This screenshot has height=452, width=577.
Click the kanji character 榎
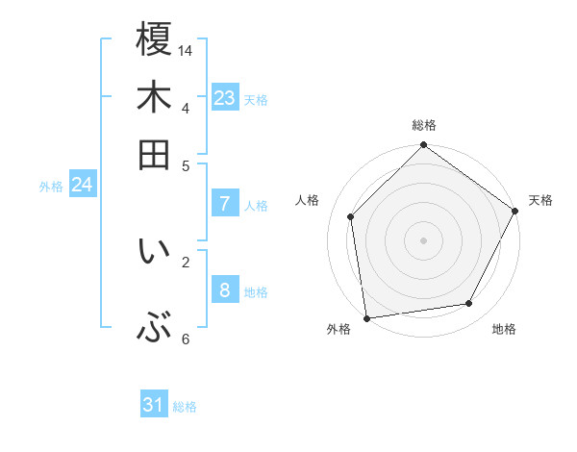pyautogui.click(x=154, y=39)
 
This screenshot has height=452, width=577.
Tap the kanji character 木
pyautogui.click(x=154, y=97)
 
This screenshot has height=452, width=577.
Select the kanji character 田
pyautogui.click(x=154, y=154)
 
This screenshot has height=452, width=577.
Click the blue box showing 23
pyautogui.click(x=225, y=98)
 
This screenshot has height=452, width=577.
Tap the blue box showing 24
pyautogui.click(x=82, y=185)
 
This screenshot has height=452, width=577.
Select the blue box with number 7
pyautogui.click(x=225, y=204)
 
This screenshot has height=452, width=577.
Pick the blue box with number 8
pyautogui.click(x=225, y=290)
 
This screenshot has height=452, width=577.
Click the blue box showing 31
pyautogui.click(x=154, y=405)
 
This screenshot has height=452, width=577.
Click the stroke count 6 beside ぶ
pyautogui.click(x=187, y=339)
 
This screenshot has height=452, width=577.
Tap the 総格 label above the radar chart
pyautogui.click(x=424, y=126)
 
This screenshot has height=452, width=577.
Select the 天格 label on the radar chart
pyautogui.click(x=541, y=200)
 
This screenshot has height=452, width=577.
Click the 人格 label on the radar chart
pyautogui.click(x=308, y=200)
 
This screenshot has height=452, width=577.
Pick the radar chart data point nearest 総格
pyautogui.click(x=424, y=146)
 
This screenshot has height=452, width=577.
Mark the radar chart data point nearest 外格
pyautogui.click(x=366, y=317)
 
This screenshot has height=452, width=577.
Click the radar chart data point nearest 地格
pyautogui.click(x=469, y=304)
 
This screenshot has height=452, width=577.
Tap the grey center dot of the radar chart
pyautogui.click(x=424, y=239)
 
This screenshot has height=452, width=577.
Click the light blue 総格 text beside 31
pyautogui.click(x=185, y=407)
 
